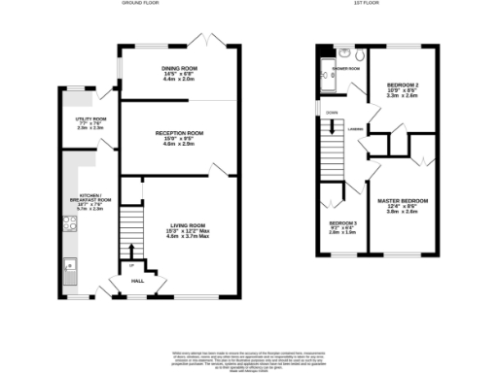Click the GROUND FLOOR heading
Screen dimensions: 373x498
point(141,4)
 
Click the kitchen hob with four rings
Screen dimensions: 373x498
point(69,224)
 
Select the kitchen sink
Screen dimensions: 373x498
point(69,265)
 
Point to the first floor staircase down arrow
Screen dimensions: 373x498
point(334,123)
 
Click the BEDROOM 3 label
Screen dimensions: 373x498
point(341,225)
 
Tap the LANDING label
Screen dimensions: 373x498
point(357,126)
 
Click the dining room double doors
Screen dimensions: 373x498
point(215,43)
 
